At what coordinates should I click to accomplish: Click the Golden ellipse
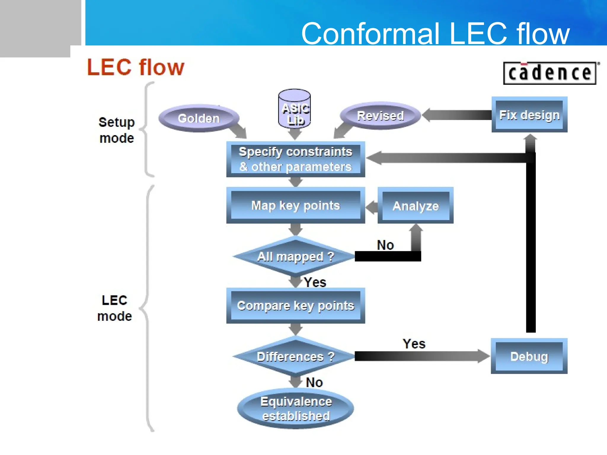[199, 118]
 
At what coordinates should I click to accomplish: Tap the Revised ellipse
[380, 116]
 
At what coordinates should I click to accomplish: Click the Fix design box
[529, 115]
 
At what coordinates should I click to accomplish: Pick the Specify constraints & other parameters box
[295, 159]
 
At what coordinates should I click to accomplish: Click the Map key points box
[295, 205]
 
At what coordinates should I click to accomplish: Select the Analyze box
[415, 206]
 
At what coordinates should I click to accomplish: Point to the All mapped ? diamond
[295, 257]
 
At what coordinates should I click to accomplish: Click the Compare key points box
[295, 305]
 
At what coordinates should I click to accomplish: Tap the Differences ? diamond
[295, 356]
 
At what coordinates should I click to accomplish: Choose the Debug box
[529, 356]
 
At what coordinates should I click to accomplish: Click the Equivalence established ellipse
[295, 408]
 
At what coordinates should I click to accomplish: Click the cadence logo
[550, 73]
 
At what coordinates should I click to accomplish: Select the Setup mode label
[116, 130]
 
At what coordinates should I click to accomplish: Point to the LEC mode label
[114, 308]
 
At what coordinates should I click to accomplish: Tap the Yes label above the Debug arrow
[414, 344]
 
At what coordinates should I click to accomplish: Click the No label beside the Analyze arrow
[385, 245]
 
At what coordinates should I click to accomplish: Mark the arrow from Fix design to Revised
[456, 115]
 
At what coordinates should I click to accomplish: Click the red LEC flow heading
[135, 67]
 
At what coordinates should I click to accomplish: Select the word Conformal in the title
[370, 33]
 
